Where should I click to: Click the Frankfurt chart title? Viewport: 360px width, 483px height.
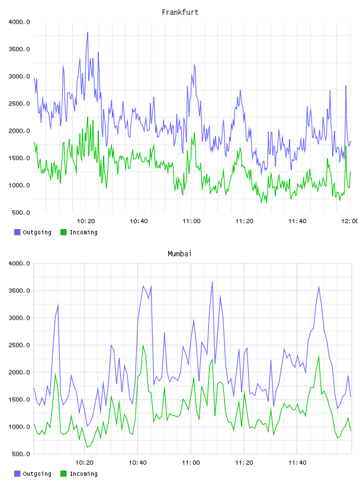pos(180,12)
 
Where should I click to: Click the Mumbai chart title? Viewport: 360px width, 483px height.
pos(179,254)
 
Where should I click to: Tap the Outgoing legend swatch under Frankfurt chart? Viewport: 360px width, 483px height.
pos(17,232)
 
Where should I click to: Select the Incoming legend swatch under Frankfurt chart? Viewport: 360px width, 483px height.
pos(63,232)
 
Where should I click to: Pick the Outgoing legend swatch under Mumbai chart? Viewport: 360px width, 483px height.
pos(17,474)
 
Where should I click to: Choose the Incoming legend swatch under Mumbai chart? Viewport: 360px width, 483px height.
pos(63,474)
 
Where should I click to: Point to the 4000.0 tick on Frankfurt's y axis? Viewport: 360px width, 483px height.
pos(19,22)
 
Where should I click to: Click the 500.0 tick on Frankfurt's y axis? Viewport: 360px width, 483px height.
pos(21,212)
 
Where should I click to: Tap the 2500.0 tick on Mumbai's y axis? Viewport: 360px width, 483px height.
pos(19,345)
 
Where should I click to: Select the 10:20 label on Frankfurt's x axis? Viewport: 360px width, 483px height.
pos(86,221)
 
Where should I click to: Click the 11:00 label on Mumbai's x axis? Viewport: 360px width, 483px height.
pos(191,463)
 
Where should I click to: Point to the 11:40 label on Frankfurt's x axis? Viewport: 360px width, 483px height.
pos(297,221)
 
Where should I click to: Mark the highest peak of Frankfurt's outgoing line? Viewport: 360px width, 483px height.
pos(88,32)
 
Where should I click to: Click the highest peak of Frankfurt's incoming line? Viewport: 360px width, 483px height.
pos(88,117)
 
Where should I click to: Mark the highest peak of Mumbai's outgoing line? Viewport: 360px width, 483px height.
pos(213,282)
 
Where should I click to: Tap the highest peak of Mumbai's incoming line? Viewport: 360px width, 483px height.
pos(143,345)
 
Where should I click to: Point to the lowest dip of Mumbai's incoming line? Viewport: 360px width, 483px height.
pos(87,447)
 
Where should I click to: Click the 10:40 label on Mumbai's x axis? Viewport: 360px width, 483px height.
pos(137,463)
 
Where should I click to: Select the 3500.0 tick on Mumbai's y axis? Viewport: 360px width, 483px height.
pos(19,291)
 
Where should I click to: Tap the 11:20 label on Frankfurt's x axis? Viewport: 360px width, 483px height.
pos(245,221)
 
